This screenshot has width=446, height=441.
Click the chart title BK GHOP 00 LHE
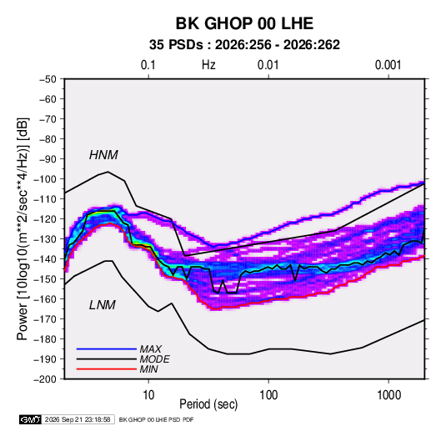[x=244, y=23]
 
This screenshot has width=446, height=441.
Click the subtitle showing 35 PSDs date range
[x=244, y=45]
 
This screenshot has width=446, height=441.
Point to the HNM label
[x=103, y=155]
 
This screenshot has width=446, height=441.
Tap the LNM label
[x=103, y=305]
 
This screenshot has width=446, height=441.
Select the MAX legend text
[x=151, y=348]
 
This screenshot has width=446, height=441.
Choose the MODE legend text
[x=155, y=359]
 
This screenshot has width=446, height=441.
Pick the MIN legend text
[x=148, y=369]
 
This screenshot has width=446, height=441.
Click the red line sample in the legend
[x=107, y=369]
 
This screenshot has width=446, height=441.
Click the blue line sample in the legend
[x=107, y=348]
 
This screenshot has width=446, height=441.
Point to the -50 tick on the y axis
[x=48, y=79]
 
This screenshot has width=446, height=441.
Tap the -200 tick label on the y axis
[x=45, y=379]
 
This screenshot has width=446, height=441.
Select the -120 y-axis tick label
[x=45, y=219]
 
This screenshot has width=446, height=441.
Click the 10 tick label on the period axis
[x=148, y=395]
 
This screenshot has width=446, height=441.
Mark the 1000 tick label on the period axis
[x=388, y=395]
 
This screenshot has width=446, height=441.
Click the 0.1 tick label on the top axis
[x=148, y=65]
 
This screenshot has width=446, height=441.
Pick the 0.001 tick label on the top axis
[x=388, y=65]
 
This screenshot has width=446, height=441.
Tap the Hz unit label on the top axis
[x=208, y=65]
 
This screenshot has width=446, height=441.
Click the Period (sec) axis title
[x=208, y=404]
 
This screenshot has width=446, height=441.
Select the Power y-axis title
[x=23, y=228]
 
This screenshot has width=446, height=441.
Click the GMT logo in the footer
[x=31, y=419]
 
